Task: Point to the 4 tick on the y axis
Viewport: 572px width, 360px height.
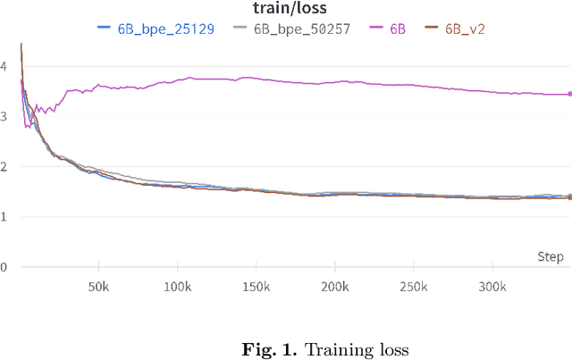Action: [4, 66]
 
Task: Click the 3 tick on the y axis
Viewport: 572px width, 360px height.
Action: [4, 116]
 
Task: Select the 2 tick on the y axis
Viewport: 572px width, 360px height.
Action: [4, 166]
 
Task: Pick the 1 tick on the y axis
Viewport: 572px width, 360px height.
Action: [4, 216]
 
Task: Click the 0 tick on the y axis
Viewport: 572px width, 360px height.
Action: [4, 266]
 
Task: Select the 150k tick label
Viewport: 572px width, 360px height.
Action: [256, 287]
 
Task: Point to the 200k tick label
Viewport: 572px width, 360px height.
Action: [334, 287]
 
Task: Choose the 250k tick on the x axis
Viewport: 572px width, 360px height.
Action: [413, 287]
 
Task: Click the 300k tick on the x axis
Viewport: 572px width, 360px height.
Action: [492, 287]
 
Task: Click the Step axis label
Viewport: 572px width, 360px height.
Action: [551, 257]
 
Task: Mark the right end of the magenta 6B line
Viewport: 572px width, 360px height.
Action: [569, 94]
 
